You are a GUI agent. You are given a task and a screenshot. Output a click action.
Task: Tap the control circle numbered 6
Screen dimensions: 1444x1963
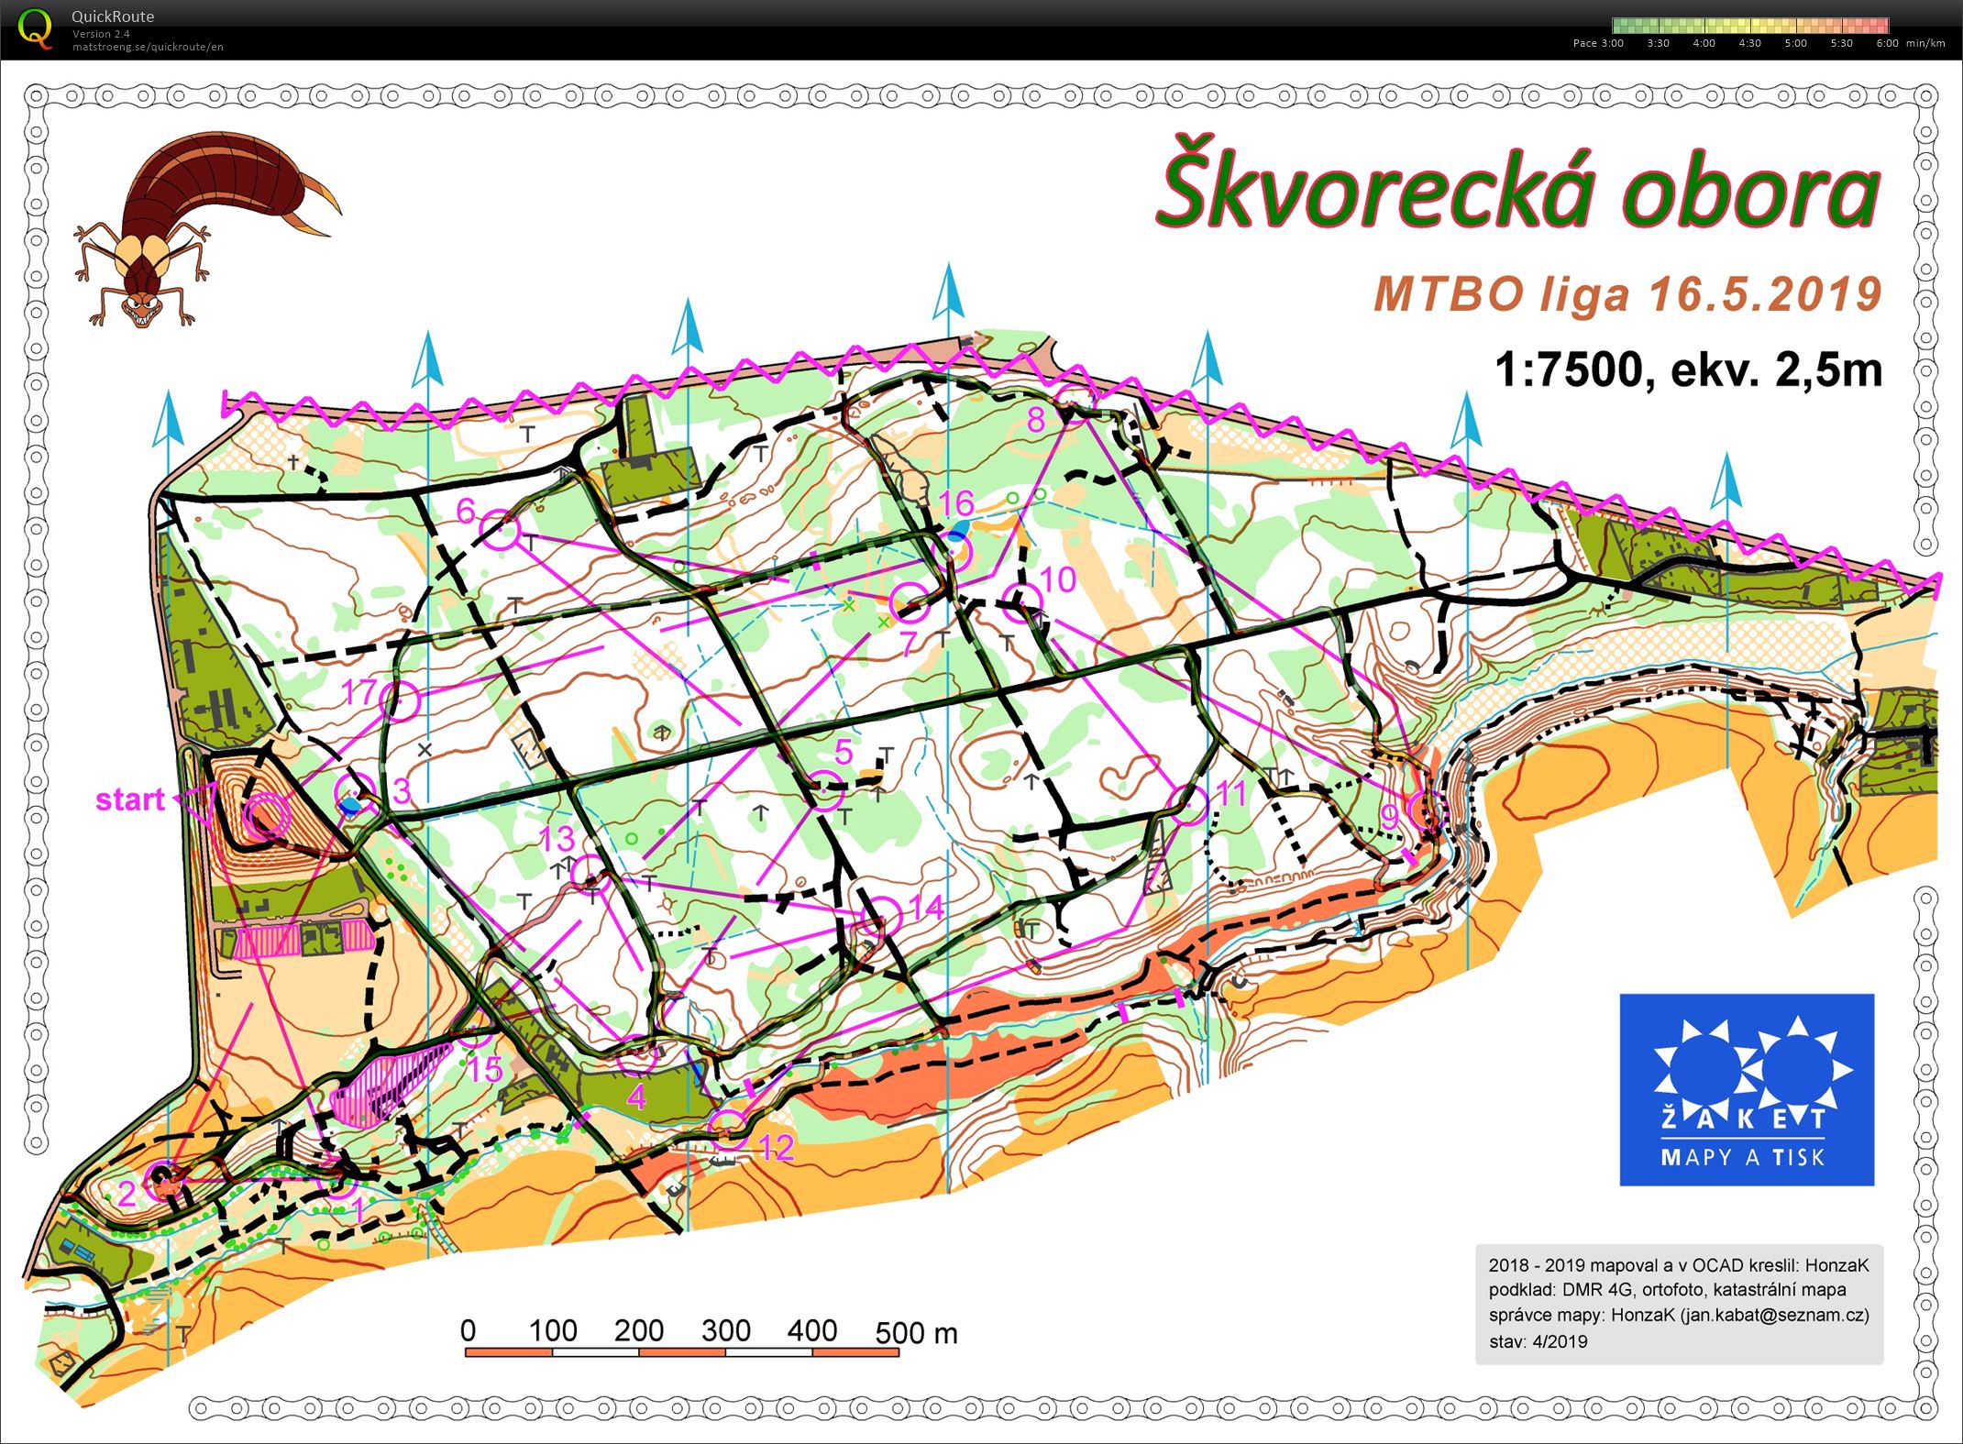(x=501, y=529)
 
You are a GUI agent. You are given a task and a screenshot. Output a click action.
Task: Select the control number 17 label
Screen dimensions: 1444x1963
(x=359, y=692)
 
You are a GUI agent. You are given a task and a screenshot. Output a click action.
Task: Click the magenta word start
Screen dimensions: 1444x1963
(x=129, y=799)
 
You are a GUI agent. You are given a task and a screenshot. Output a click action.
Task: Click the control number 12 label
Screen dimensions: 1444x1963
(x=777, y=1148)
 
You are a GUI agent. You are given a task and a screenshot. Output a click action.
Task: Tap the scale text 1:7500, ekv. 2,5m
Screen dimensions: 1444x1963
(x=1688, y=370)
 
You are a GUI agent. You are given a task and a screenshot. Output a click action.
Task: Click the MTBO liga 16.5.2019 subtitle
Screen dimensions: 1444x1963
(x=1627, y=294)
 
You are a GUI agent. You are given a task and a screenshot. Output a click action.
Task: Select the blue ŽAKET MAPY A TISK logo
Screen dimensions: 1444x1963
(x=1746, y=1089)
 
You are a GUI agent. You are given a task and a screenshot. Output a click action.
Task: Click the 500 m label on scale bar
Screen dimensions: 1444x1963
(x=916, y=1332)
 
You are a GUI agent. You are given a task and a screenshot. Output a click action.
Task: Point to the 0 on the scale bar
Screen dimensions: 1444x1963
(x=469, y=1330)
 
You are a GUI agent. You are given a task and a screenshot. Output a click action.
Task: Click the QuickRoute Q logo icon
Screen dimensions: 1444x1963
(x=35, y=28)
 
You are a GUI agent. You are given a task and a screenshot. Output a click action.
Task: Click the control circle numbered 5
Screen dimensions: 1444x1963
(x=823, y=790)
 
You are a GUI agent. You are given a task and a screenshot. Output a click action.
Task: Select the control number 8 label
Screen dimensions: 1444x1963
(x=1036, y=420)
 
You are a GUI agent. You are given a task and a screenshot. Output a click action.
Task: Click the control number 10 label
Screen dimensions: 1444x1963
(x=1058, y=579)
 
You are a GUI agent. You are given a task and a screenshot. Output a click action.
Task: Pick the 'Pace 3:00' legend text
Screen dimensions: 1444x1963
(x=1597, y=43)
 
